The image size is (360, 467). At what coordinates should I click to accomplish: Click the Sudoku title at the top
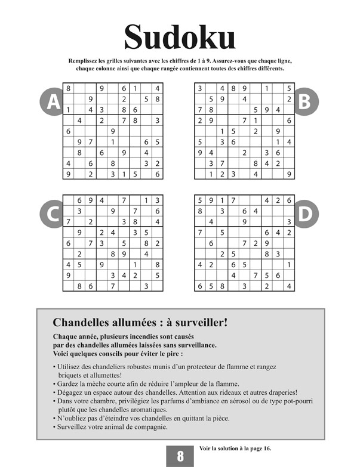pos(180,37)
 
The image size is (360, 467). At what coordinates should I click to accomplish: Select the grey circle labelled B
pos(305,103)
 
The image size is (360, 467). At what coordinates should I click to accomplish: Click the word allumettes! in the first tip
pos(100,375)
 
